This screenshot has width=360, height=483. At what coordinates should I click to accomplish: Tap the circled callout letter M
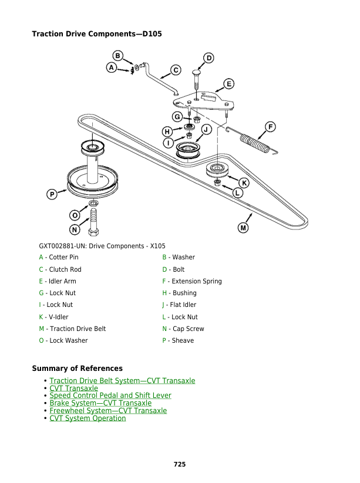[x=243, y=227]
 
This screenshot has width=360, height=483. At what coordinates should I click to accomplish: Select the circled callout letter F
[x=270, y=127]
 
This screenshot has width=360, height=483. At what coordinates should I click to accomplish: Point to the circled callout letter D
[x=208, y=58]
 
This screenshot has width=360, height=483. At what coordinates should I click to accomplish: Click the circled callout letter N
[x=75, y=229]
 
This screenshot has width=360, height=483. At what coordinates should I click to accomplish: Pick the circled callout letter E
[x=229, y=83]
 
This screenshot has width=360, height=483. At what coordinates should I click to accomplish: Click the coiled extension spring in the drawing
[x=251, y=143]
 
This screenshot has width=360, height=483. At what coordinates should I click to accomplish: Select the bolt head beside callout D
[x=197, y=73]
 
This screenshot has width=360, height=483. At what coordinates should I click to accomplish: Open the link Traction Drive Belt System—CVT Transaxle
[x=122, y=381]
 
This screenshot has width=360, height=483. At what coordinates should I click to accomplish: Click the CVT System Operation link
[x=88, y=418]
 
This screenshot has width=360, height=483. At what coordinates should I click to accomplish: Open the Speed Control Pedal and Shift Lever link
[x=110, y=396]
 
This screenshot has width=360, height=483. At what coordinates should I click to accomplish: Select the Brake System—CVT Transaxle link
[x=100, y=403]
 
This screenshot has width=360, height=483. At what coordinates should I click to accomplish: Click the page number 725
[x=180, y=464]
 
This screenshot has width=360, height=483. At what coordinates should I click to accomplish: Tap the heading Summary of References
[x=77, y=369]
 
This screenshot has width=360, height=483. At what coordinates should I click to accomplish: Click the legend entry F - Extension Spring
[x=192, y=281]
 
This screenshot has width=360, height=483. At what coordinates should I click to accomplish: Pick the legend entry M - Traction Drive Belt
[x=72, y=329]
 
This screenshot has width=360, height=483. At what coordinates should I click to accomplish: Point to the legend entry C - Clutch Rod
[x=60, y=269]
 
